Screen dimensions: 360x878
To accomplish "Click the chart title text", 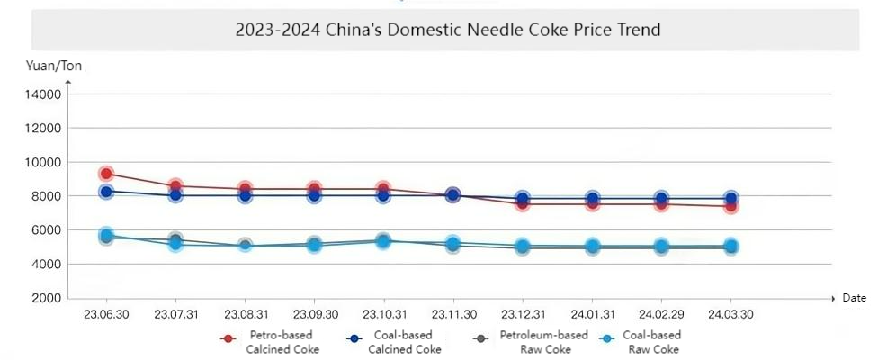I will (x=448, y=30).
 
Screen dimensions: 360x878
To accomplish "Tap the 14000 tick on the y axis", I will (x=43, y=94).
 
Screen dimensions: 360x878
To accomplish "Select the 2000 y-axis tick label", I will (x=47, y=298).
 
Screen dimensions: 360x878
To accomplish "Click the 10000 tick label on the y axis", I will (x=43, y=162).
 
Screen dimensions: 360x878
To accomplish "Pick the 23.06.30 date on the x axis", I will (x=106, y=314).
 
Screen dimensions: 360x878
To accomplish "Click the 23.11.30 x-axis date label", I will (x=452, y=314).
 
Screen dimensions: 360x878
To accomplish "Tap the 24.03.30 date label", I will (x=730, y=314).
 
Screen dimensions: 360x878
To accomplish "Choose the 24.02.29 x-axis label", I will (x=661, y=314).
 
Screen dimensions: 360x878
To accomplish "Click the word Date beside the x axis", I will (x=854, y=298).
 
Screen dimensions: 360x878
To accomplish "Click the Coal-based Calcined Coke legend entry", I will (x=394, y=342).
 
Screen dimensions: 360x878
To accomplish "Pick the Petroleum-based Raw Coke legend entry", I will (x=532, y=342).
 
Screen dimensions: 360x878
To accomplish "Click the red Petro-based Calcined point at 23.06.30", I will (x=106, y=174).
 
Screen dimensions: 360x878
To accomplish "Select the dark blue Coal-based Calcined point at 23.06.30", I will (x=106, y=192).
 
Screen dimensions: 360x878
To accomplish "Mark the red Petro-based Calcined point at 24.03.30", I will (x=730, y=206).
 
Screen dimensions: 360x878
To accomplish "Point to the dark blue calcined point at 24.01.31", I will (x=592, y=198).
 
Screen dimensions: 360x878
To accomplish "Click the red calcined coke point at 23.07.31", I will (x=175, y=186).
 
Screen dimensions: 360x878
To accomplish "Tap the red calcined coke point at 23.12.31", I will (x=523, y=204).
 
